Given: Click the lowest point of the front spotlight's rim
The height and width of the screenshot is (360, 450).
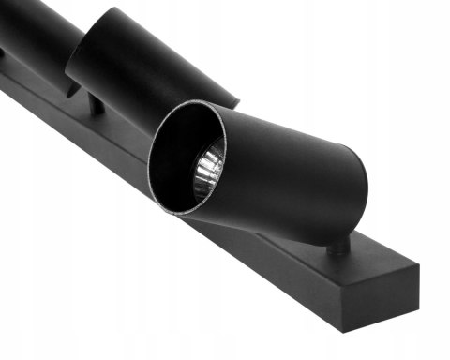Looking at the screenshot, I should click(187, 213).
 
